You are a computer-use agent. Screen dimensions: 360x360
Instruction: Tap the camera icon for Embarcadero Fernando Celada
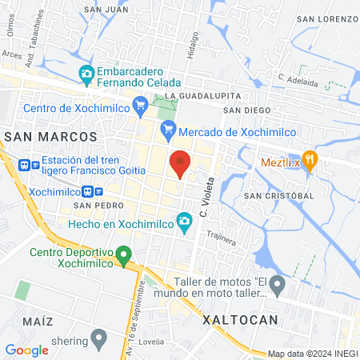pos(86,74)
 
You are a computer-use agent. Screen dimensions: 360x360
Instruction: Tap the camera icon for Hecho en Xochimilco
pos(185,221)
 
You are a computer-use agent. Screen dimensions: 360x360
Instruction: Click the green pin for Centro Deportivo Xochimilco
pos(122,257)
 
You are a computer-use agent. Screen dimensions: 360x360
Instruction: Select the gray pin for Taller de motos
pos(277,283)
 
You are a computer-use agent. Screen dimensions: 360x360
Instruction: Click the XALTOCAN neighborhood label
pos(240,319)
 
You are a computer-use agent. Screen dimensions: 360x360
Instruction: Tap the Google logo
pos(26,350)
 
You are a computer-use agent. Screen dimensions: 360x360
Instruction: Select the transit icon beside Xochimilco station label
pos(98,192)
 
